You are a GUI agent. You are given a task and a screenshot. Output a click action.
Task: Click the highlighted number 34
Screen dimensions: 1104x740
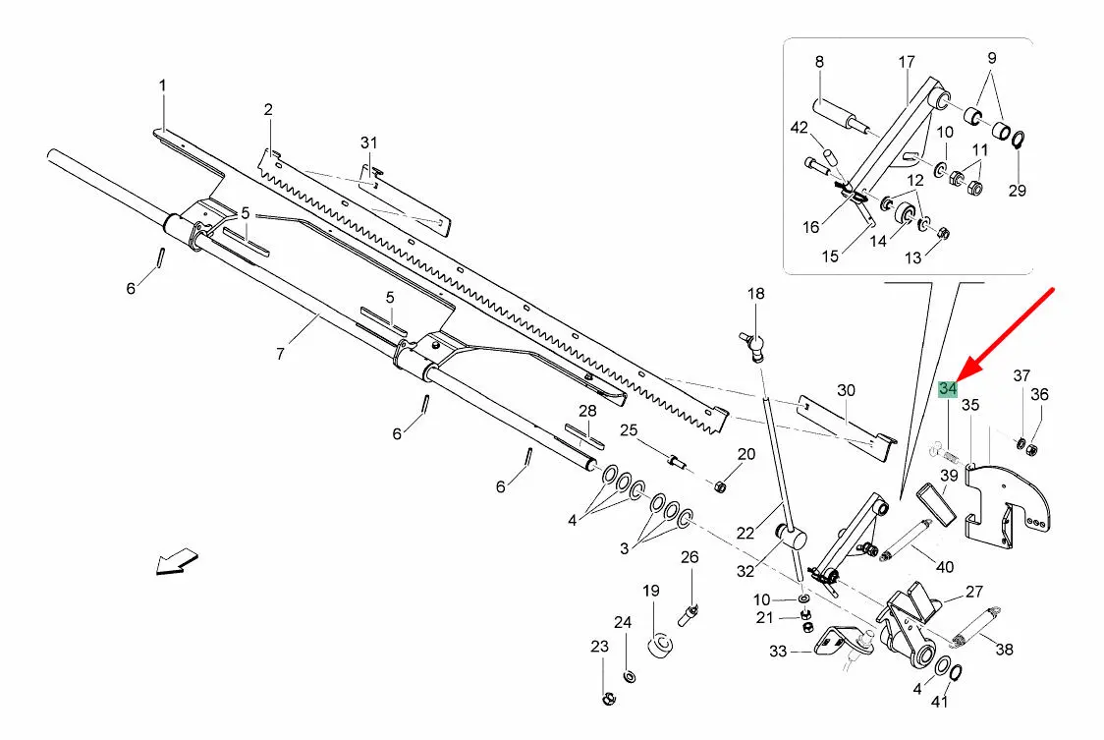(948, 388)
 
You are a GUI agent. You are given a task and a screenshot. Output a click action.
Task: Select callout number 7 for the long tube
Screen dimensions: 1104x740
(280, 353)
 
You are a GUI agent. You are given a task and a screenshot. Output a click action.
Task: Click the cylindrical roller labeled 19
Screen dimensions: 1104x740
(660, 645)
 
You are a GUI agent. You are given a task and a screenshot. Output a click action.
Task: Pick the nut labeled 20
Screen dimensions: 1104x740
(720, 487)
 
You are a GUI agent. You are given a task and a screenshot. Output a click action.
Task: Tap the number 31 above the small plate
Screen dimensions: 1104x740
(369, 143)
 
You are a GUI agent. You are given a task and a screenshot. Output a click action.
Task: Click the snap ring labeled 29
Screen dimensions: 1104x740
(1017, 140)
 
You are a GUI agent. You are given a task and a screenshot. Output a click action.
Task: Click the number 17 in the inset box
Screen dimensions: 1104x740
(907, 62)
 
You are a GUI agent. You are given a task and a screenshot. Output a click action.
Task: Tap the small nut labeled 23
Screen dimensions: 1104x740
(608, 700)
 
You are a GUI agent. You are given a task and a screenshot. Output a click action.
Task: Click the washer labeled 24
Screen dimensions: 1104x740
(630, 676)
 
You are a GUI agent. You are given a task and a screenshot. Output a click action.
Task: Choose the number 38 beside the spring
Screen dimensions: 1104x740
(1004, 649)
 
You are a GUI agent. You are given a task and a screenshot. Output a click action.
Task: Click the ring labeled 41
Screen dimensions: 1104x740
(957, 672)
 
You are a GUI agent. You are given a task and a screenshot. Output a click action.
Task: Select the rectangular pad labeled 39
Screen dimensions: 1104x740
(936, 504)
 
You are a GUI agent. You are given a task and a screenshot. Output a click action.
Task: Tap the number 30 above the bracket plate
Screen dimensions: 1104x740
(846, 390)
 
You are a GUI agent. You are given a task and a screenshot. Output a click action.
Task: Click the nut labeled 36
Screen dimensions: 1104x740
(1032, 448)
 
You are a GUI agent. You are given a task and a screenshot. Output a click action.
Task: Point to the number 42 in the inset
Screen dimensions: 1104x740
(800, 128)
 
